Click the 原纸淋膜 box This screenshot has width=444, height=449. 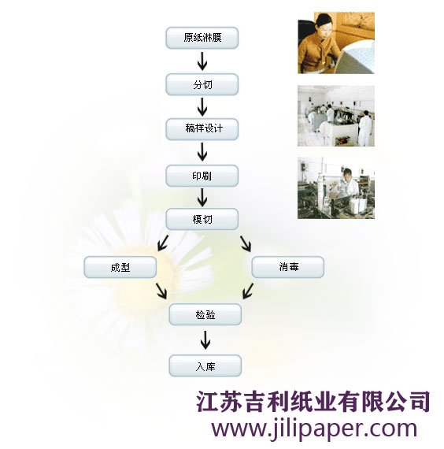pos(202,38)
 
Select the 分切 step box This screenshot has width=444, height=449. pos(202,84)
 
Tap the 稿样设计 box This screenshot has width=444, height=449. pos(202,129)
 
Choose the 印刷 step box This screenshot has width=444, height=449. pos(202,176)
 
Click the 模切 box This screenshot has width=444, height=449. pos(202,219)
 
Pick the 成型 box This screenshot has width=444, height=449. pos(120,267)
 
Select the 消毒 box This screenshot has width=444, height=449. pos(288,267)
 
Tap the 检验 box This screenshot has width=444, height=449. pos(205,314)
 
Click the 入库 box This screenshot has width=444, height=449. pos(205,366)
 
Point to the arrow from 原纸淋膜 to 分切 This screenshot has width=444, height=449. pos(202,61)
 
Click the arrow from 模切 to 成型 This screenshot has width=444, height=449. pos(163,243)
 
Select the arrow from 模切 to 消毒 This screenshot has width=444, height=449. pos(246,243)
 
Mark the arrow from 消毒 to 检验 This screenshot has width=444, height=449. pos(248,291)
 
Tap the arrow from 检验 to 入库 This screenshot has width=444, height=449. pos(205,340)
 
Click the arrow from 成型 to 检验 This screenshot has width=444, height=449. pos(161,291)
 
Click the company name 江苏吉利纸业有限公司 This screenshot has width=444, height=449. pos(313,402)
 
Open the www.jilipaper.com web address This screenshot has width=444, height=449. pos(314,429)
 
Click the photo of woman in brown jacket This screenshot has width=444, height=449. pos(336,43)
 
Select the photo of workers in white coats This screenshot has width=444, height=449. pos(336,116)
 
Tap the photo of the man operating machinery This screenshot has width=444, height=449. pos(336,188)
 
